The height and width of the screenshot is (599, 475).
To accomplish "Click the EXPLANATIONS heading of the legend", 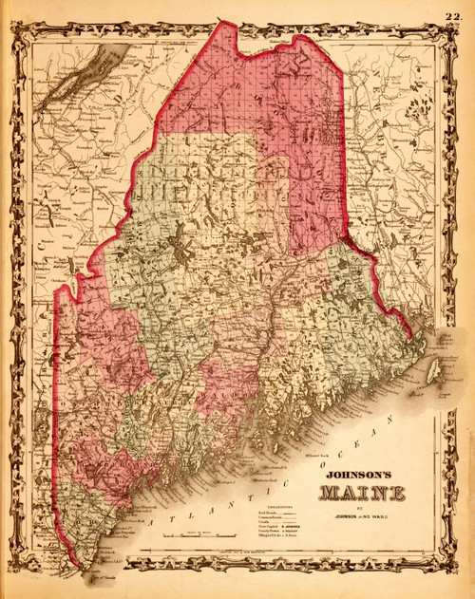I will click(x=277, y=508).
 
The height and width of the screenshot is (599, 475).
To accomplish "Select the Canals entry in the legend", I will click(x=266, y=525).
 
